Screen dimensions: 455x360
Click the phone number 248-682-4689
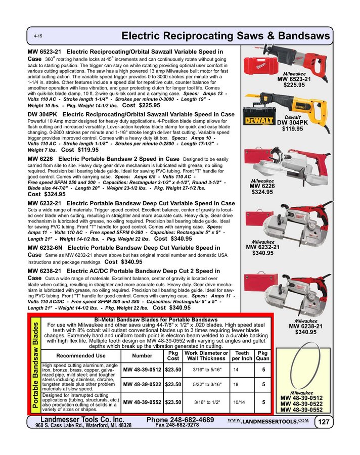(x=180, y=420)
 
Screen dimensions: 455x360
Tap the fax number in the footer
(x=176, y=426)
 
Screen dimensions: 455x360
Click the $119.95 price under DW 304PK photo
(x=293, y=128)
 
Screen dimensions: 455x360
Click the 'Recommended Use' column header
(x=80, y=356)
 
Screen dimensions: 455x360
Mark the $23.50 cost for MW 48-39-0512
(x=173, y=370)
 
